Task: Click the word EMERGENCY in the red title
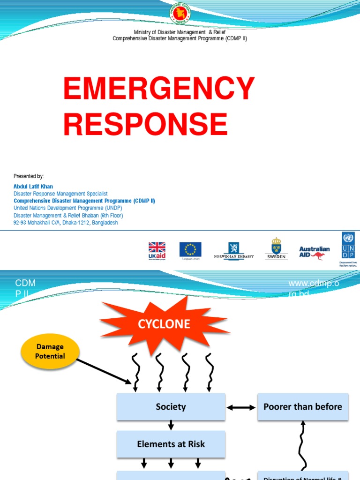click(159, 89)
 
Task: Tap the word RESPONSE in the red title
click(145, 124)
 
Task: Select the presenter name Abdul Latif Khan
click(33, 187)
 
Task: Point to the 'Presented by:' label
click(29, 176)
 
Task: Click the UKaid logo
click(157, 250)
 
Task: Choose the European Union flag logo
click(190, 250)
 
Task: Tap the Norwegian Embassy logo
click(233, 250)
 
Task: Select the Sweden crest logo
click(276, 248)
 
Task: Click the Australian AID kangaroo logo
click(314, 252)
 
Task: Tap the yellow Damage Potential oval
click(50, 352)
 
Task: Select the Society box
click(171, 407)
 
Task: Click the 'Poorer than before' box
click(302, 407)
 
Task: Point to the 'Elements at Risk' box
click(171, 444)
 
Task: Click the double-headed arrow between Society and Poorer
click(241, 407)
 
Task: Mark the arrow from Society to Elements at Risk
click(171, 425)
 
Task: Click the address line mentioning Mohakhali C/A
click(66, 223)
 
